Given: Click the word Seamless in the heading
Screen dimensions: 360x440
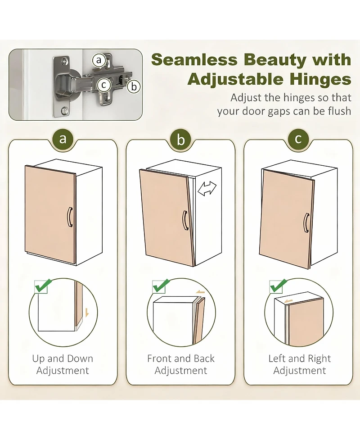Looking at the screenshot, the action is pyautogui.click(x=194, y=60).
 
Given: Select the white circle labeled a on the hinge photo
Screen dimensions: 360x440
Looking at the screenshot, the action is pyautogui.click(x=99, y=60).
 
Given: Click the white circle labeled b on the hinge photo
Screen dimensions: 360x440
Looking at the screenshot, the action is pyautogui.click(x=134, y=86).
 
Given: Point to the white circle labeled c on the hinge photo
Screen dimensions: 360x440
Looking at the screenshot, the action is pyautogui.click(x=104, y=85).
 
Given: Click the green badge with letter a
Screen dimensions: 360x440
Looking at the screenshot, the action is pyautogui.click(x=63, y=139).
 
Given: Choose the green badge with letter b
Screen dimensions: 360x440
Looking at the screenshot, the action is pyautogui.click(x=181, y=139).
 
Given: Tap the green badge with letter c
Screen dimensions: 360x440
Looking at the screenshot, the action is pyautogui.click(x=298, y=139).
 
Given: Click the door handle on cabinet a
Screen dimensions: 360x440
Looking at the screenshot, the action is pyautogui.click(x=70, y=217).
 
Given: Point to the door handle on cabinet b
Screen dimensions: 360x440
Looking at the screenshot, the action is pyautogui.click(x=185, y=221).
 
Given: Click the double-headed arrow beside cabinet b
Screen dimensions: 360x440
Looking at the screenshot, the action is pyautogui.click(x=207, y=188).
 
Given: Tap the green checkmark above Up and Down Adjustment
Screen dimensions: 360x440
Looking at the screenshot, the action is pyautogui.click(x=43, y=286).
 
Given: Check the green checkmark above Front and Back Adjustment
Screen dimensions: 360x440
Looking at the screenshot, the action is pyautogui.click(x=161, y=286).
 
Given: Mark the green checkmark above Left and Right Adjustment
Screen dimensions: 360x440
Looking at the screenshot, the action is pyautogui.click(x=278, y=286).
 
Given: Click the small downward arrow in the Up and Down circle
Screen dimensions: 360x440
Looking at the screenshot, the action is pyautogui.click(x=87, y=312).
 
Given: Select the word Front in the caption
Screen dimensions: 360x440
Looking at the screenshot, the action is pyautogui.click(x=159, y=358).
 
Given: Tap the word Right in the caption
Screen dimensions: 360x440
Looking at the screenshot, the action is pyautogui.click(x=319, y=358).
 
